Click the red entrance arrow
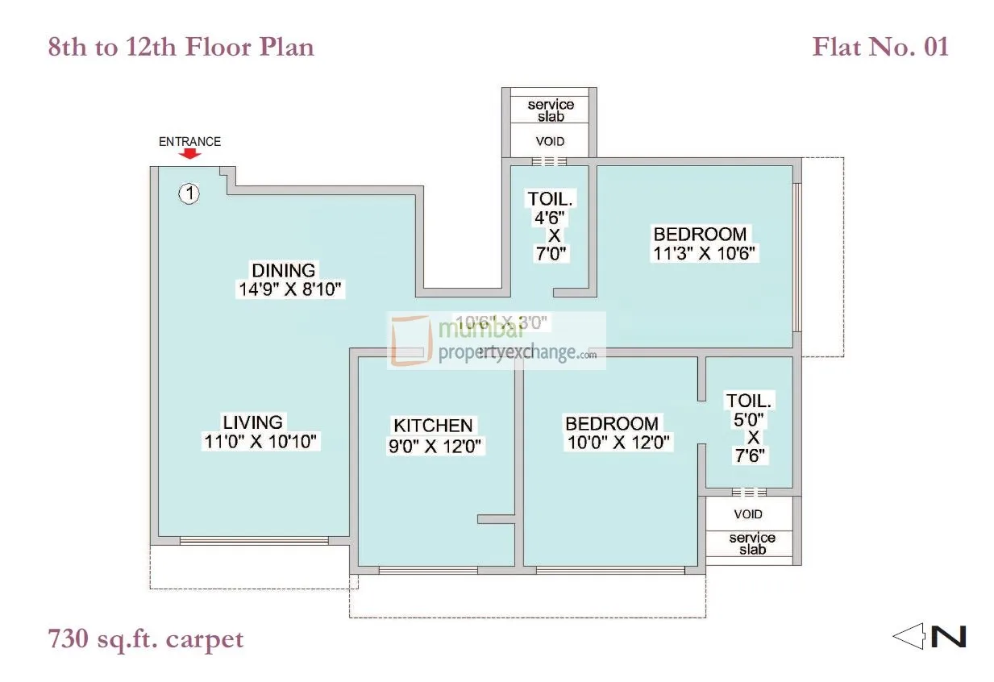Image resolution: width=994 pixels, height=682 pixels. pos(189,154)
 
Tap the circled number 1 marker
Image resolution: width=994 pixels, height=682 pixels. pos(189,193)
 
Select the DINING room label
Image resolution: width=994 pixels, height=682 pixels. pos(283,270)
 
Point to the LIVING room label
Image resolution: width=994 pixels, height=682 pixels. pos(252,422)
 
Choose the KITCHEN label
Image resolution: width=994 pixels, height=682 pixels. pos(432,426)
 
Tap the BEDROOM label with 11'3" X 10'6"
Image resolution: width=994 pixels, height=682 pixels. pos(700,235)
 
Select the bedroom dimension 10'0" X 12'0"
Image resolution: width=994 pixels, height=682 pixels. pos(618,443)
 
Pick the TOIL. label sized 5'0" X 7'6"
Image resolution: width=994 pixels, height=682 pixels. pos(749,401)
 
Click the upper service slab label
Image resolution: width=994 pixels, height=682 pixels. pos(551,110)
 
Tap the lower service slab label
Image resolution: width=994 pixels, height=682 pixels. pos(751,543)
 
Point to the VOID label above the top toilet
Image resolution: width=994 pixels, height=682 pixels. pos(551,141)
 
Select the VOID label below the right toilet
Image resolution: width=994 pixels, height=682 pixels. pos(748,514)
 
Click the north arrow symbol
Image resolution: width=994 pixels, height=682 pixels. pos(929,636)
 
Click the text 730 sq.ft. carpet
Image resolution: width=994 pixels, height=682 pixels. pos(146,639)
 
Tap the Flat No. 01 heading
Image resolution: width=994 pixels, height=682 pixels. pos(880,47)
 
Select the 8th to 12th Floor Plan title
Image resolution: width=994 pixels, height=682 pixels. pos(181,47)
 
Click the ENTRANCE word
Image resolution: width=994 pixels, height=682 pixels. pos(189,141)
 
